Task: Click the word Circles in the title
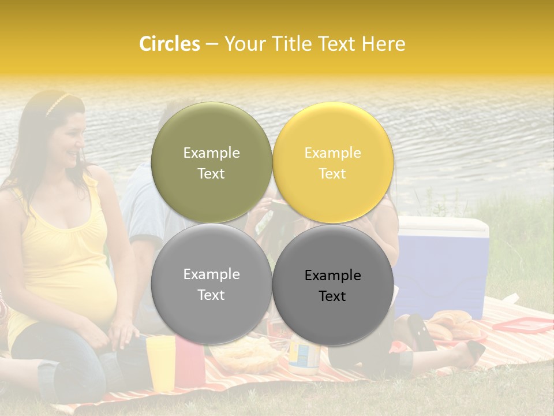pos(170,43)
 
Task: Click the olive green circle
pos(211,162)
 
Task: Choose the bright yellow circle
pos(332,162)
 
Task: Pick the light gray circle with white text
pos(211,284)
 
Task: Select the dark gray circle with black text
pos(332,284)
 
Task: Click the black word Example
pos(332,276)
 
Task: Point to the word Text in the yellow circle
pos(332,174)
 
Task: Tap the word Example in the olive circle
pos(211,153)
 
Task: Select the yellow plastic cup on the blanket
pos(160,361)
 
